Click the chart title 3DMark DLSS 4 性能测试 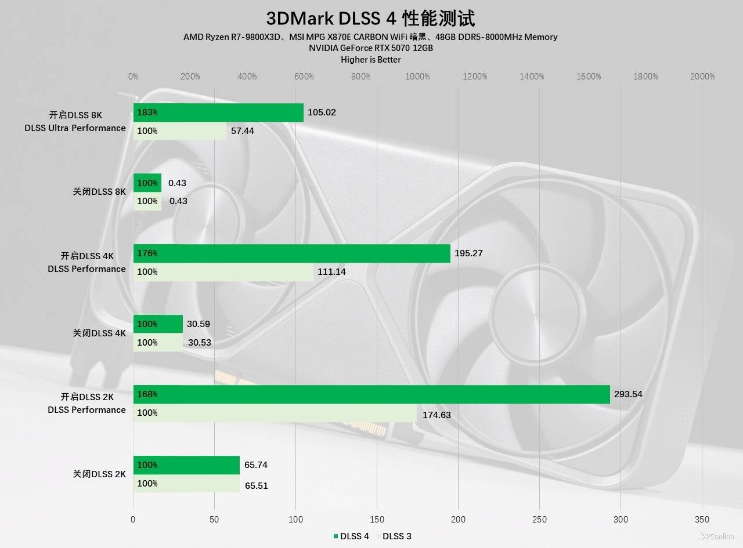tap(370, 18)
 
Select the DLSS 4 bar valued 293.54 tap(371, 394)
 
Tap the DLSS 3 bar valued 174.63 tap(275, 413)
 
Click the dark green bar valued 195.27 tap(291, 253)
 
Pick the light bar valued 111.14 tap(223, 272)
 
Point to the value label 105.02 tap(322, 112)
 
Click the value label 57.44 tap(242, 131)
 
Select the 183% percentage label tap(147, 112)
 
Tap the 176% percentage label tap(147, 253)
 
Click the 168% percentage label tap(147, 394)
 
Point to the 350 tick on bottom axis tap(702, 520)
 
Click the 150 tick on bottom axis tap(377, 520)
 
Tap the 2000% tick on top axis tap(702, 77)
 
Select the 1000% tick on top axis tap(417, 77)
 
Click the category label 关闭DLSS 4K tap(99, 333)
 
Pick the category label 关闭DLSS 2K tap(99, 474)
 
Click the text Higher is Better tap(370, 60)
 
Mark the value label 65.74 tap(256, 465)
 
